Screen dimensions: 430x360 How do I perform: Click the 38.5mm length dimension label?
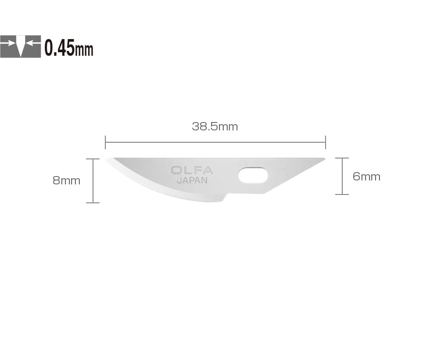[215, 126]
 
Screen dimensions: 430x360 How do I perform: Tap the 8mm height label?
[66, 180]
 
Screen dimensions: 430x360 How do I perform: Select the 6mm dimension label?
[366, 176]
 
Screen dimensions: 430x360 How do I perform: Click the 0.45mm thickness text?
[69, 48]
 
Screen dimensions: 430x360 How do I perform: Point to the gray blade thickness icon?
[21, 47]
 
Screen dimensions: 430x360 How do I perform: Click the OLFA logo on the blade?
[192, 170]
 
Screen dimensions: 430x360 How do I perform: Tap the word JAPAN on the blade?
[192, 180]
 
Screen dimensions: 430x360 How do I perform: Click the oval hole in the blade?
[253, 175]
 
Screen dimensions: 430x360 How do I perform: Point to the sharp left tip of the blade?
[106, 160]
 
